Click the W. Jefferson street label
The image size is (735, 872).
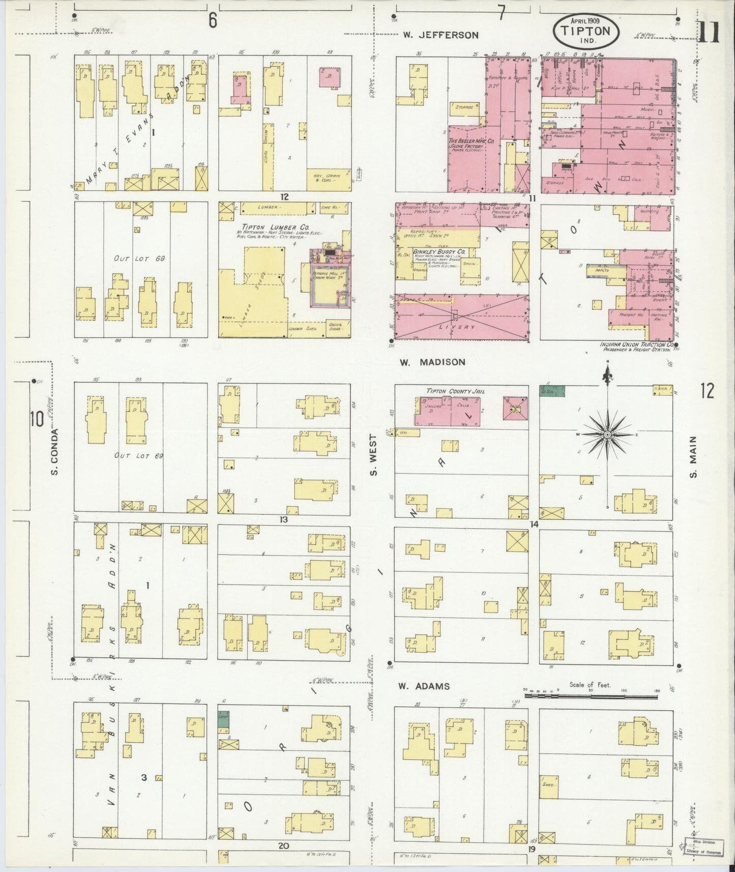tap(440, 35)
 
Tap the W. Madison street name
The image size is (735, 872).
tap(432, 362)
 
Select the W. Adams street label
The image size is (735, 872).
tap(424, 686)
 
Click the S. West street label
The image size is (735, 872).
tap(374, 455)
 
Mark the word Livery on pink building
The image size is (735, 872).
tap(456, 328)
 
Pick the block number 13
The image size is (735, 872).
tap(283, 519)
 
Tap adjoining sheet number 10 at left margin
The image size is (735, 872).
tap(36, 419)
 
